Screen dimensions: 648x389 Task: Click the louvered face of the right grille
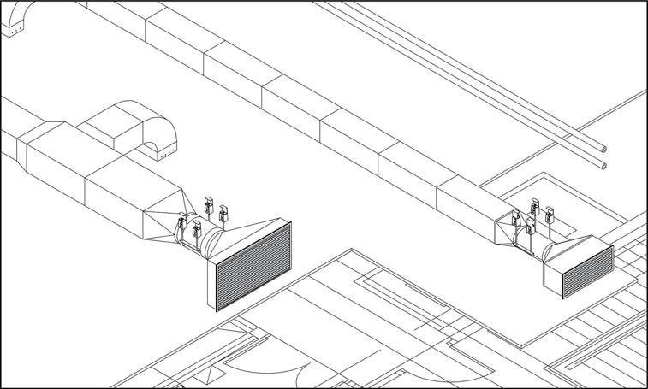pos(586,270)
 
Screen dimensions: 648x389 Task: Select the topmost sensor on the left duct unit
pos(208,203)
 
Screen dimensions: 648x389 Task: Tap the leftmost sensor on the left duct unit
pos(181,223)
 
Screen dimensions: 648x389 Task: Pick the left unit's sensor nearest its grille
pos(223,211)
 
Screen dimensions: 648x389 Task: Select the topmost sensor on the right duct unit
pos(535,207)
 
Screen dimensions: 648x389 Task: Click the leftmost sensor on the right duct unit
pos(516,218)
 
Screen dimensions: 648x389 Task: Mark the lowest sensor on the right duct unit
pos(531,226)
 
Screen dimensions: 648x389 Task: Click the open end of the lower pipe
pos(603,165)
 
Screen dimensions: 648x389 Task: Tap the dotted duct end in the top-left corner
pos(15,30)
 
